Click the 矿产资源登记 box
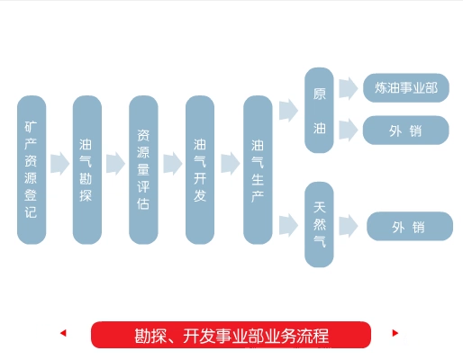[x=32, y=170]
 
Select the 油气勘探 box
[x=87, y=170]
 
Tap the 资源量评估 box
[x=143, y=170]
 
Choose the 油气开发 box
[x=200, y=170]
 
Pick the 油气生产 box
[x=258, y=170]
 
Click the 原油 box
[x=319, y=110]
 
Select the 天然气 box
[x=319, y=224]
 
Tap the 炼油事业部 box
[x=406, y=88]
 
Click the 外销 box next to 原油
[x=406, y=130]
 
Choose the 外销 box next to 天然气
[x=410, y=227]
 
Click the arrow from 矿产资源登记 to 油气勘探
[x=59, y=164]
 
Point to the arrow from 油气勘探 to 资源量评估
[x=115, y=164]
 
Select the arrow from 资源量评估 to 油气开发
[x=173, y=164]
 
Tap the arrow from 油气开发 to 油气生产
[x=231, y=164]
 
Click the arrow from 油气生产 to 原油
[x=288, y=111]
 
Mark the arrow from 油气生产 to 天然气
[x=288, y=225]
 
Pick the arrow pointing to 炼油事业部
[x=349, y=88]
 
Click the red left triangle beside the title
[x=63, y=333]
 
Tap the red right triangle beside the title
[x=395, y=333]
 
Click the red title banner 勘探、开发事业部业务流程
[x=231, y=335]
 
